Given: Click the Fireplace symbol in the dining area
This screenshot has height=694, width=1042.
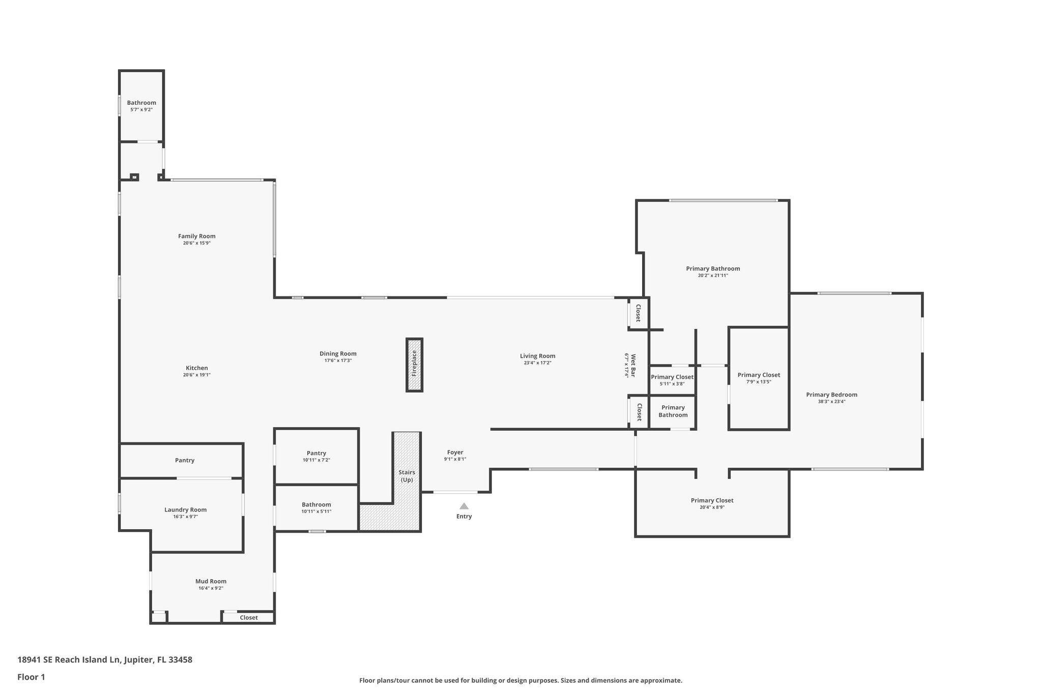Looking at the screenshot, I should tap(414, 365).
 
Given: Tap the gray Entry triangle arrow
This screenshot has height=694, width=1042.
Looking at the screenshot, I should tap(464, 506).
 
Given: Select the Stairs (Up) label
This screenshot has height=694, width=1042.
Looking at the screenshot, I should tap(407, 476).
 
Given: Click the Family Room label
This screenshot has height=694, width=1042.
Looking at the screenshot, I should tap(196, 236).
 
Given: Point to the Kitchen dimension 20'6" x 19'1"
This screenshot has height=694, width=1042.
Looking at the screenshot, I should tap(196, 375).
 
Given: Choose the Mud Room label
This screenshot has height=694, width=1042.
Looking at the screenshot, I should tap(211, 581).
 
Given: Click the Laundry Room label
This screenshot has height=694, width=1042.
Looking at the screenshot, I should tap(185, 509).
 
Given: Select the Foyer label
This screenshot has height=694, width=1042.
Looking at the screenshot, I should tap(455, 452).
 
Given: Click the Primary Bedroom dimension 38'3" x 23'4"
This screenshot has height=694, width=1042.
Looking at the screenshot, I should tap(831, 402).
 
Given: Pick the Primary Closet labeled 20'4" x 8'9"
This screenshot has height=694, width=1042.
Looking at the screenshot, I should tap(712, 500).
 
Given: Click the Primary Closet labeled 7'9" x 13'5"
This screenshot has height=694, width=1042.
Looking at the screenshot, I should tap(759, 375).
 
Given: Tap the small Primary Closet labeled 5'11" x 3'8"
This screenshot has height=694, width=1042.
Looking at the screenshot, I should tap(672, 377).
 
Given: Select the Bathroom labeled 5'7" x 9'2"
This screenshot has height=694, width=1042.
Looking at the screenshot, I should tap(141, 103).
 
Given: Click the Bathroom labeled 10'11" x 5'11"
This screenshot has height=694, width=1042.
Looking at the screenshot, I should tap(316, 504).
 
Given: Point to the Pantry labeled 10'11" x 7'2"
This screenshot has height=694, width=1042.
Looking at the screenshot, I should tap(316, 453).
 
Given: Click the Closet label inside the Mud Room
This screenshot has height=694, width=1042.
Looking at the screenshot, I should tap(249, 618).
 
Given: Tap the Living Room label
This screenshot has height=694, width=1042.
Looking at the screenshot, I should tap(537, 356).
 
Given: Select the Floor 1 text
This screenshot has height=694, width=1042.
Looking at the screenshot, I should tap(31, 677).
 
